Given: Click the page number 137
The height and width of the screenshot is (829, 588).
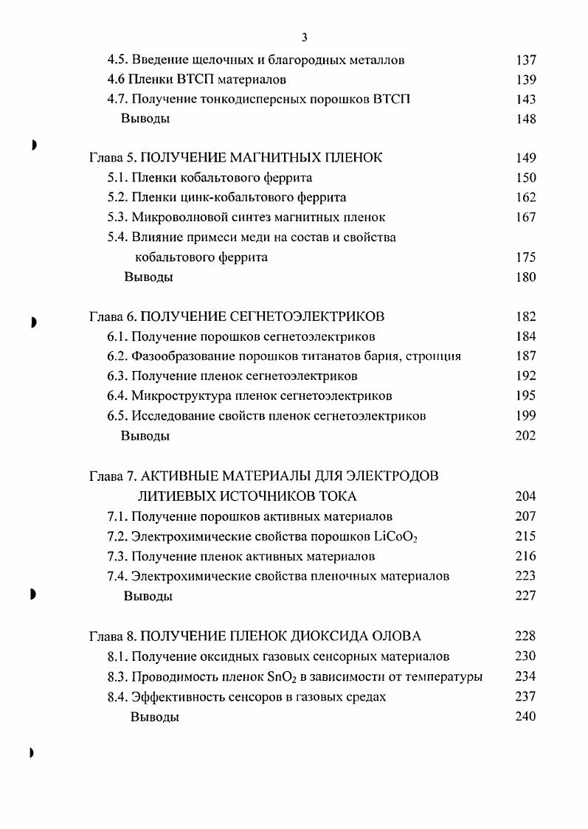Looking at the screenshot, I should (x=526, y=60).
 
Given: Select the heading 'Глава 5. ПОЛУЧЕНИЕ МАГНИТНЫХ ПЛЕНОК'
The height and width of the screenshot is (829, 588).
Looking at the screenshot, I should (x=235, y=158).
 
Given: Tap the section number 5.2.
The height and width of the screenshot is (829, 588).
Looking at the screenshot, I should (x=118, y=198).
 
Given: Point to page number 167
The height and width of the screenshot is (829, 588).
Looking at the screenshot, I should (x=526, y=218).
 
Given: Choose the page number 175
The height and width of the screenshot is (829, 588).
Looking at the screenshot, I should (x=526, y=257).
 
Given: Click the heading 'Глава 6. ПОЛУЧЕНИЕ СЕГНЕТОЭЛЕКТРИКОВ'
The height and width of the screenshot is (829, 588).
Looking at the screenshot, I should (x=236, y=317).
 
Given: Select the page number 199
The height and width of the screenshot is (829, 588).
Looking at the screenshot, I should (x=526, y=416).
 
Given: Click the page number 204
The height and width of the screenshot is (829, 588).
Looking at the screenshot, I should (x=526, y=496).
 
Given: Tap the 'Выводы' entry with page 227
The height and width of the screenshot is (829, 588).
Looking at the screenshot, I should (x=148, y=596).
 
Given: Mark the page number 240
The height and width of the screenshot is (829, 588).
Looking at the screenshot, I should (x=526, y=716).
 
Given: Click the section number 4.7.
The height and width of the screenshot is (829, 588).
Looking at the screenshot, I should (x=118, y=100).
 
